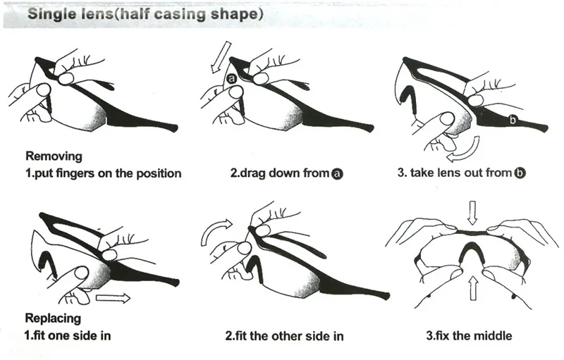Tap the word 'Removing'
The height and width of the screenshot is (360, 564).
pyautogui.click(x=54, y=156)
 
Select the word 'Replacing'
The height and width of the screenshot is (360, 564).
pyautogui.click(x=54, y=318)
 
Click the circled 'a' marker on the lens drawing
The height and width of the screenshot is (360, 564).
pyautogui.click(x=232, y=78)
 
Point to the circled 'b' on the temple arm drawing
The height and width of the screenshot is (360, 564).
pyautogui.click(x=513, y=120)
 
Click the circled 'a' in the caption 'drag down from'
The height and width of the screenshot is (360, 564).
pyautogui.click(x=337, y=174)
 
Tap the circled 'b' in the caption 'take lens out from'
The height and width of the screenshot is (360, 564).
pyautogui.click(x=520, y=173)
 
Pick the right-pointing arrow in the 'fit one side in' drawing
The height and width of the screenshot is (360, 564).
pyautogui.click(x=113, y=298)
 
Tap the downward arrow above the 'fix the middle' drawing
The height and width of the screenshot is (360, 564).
pyautogui.click(x=472, y=212)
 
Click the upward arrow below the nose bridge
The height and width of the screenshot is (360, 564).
pyautogui.click(x=473, y=288)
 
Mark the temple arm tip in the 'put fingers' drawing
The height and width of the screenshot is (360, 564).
pyautogui.click(x=175, y=128)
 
